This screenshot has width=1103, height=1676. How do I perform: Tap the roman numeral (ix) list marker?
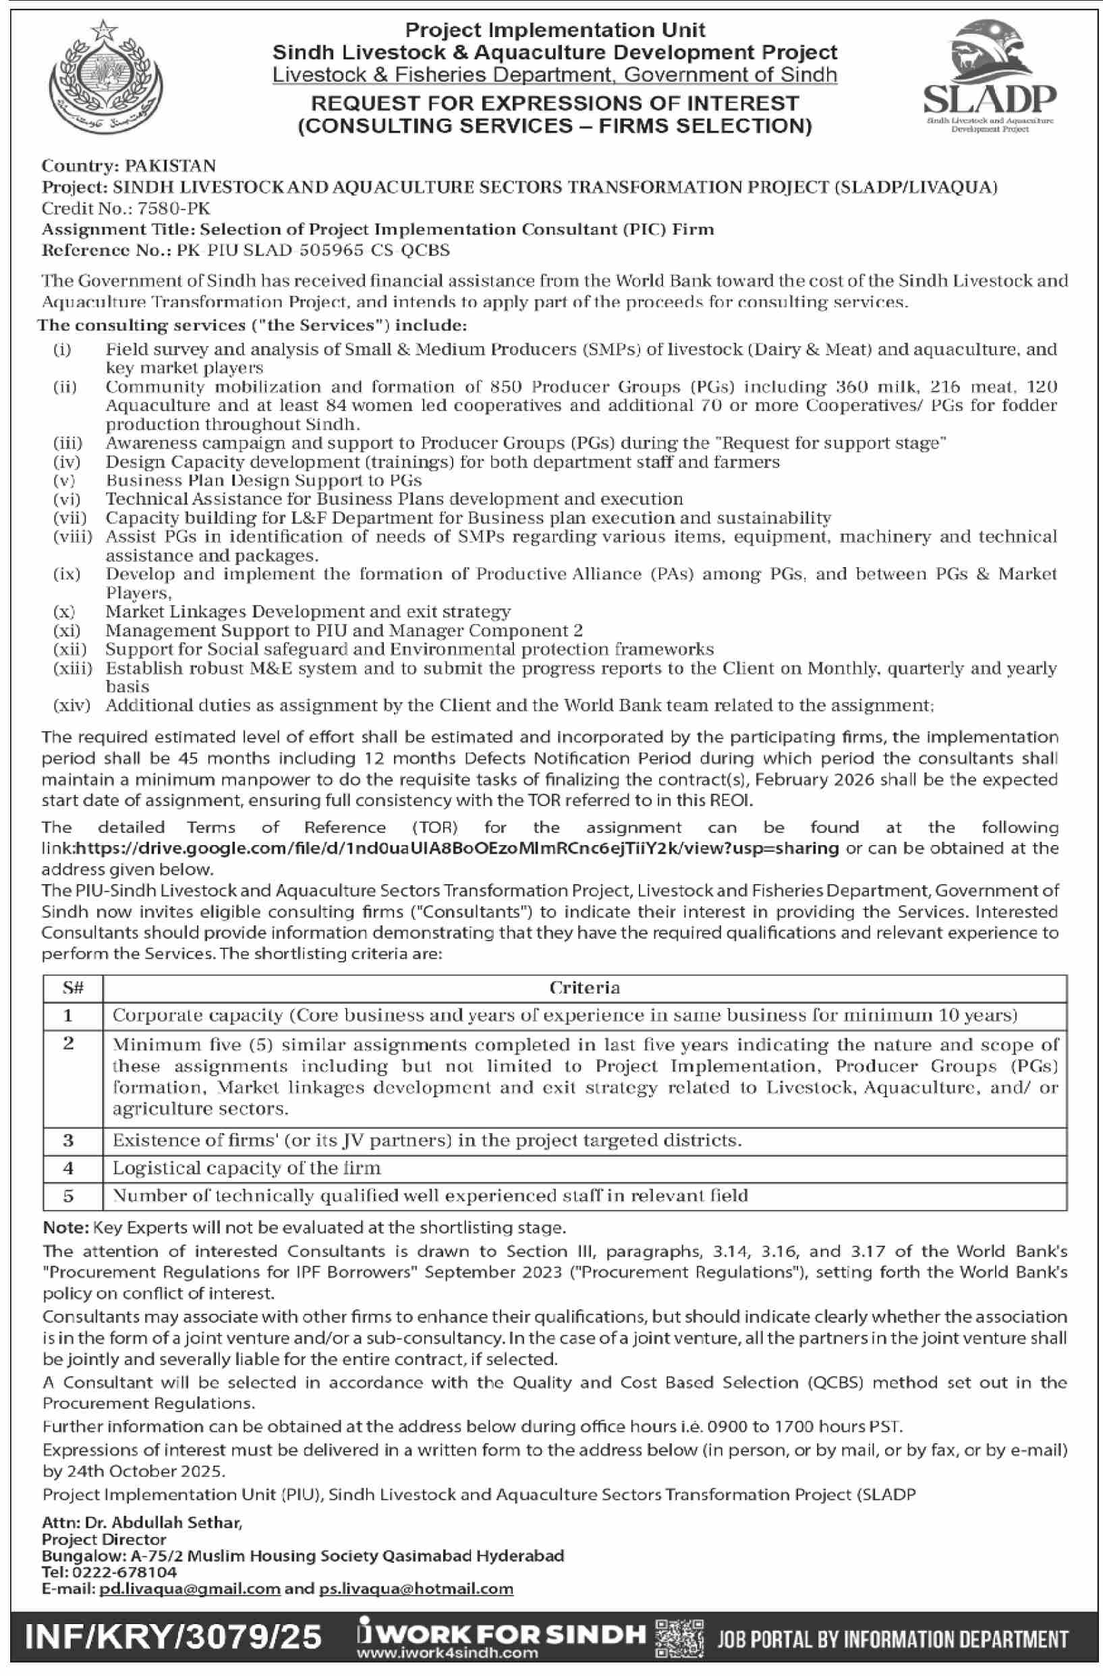[67, 574]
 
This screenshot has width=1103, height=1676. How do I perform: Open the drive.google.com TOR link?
[457, 848]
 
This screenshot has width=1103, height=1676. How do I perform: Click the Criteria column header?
[584, 988]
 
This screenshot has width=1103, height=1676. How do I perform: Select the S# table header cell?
[73, 988]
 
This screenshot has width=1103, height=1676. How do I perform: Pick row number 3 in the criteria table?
[69, 1140]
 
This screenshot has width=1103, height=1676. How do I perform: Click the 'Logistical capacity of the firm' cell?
[246, 1167]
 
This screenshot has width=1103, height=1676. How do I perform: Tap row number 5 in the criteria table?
[69, 1195]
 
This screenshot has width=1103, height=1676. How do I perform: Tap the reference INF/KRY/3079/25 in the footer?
[173, 1637]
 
